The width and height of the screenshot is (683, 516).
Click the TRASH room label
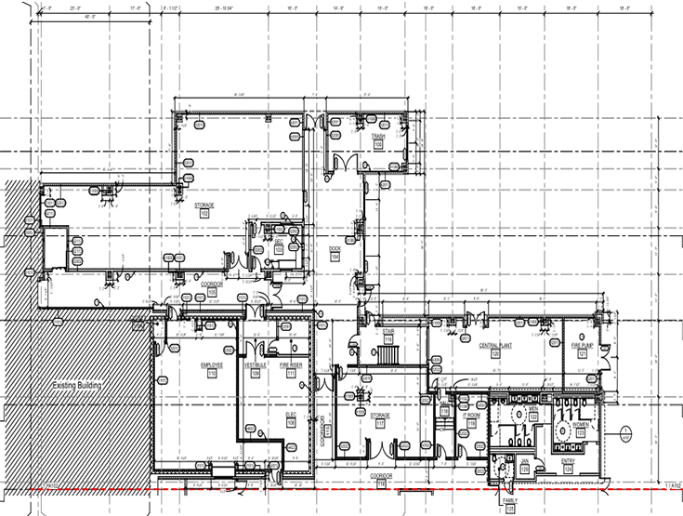click(378, 137)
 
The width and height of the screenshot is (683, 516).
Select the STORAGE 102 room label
click(204, 205)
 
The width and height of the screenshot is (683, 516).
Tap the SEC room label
click(278, 241)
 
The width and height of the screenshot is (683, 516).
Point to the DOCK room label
click(336, 248)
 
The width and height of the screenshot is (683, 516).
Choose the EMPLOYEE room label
click(212, 364)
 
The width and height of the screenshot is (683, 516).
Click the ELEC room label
click(291, 415)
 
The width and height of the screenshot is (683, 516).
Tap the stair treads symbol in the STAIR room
click(388, 353)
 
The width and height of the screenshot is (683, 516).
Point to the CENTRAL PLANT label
click(495, 345)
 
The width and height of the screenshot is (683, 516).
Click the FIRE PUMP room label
click(582, 345)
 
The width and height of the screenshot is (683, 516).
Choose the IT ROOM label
click(471, 415)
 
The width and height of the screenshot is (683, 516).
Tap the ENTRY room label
click(569, 460)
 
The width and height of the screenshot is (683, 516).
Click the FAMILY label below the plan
click(510, 501)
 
